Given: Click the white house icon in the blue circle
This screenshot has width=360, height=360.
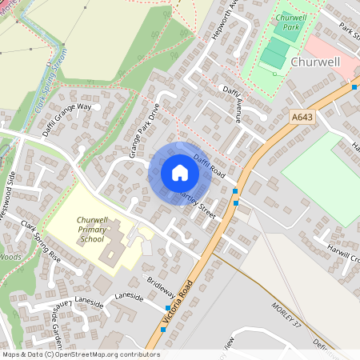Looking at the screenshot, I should pyautogui.click(x=179, y=173).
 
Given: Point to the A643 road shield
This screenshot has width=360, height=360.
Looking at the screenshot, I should pyautogui.click(x=301, y=118).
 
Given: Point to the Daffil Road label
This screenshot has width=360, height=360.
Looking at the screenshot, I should pyautogui.click(x=210, y=166).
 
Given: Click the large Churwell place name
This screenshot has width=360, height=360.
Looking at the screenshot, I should pyautogui.click(x=317, y=62).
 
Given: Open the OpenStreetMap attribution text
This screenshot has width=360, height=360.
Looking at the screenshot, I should pyautogui.click(x=81, y=354).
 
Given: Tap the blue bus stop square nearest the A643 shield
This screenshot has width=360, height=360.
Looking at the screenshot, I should pyautogui.click(x=354, y=86).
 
